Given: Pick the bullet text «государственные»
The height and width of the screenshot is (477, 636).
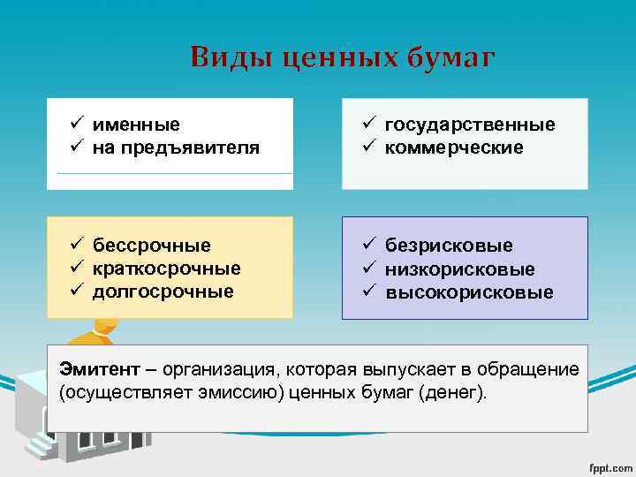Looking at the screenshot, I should [x=470, y=125].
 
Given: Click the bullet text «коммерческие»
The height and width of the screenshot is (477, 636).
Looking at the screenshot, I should [x=454, y=148].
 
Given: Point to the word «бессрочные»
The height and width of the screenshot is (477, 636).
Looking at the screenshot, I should [x=152, y=245].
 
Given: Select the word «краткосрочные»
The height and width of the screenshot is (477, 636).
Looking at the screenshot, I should [x=166, y=268].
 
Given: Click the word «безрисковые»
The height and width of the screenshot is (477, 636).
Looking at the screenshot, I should [x=449, y=245].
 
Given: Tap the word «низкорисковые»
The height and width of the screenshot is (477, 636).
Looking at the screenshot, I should [x=459, y=269].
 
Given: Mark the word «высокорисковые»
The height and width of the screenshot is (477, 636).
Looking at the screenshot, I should [x=469, y=291].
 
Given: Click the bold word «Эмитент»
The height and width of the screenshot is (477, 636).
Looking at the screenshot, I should [x=95, y=368].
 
